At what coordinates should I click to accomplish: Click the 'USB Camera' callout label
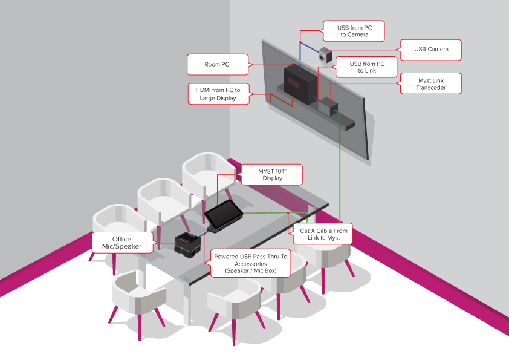tap(431, 50)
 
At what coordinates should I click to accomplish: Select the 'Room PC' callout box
tap(217, 64)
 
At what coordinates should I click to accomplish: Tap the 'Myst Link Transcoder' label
tap(430, 83)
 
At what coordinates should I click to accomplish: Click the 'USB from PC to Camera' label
tap(354, 31)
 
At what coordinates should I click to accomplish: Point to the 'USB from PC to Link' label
tap(367, 67)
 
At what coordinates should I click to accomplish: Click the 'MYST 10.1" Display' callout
tap(271, 174)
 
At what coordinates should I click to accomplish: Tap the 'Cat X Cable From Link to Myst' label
tap(324, 234)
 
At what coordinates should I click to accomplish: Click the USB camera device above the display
tap(326, 55)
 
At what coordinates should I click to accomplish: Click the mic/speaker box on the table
tap(187, 242)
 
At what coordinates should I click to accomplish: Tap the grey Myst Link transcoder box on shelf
tap(327, 106)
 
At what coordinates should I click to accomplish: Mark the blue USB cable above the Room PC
tap(300, 51)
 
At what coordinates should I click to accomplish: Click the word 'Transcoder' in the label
tap(430, 88)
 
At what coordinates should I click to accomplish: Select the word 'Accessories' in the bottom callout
tap(251, 264)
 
